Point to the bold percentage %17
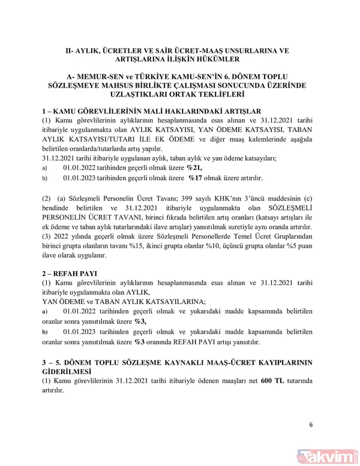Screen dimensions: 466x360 coord(194,178)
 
